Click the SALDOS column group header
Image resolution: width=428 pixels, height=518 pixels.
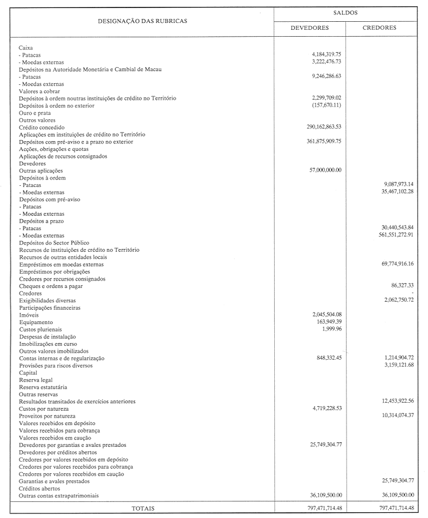[343, 11]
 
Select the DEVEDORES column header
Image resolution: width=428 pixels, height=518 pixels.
[309, 28]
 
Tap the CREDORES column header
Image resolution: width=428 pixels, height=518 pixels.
[379, 28]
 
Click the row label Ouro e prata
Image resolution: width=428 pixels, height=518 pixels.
[35, 113]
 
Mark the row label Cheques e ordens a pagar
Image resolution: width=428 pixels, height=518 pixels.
[53, 286]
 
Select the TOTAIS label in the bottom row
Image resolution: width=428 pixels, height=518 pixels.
[143, 508]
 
